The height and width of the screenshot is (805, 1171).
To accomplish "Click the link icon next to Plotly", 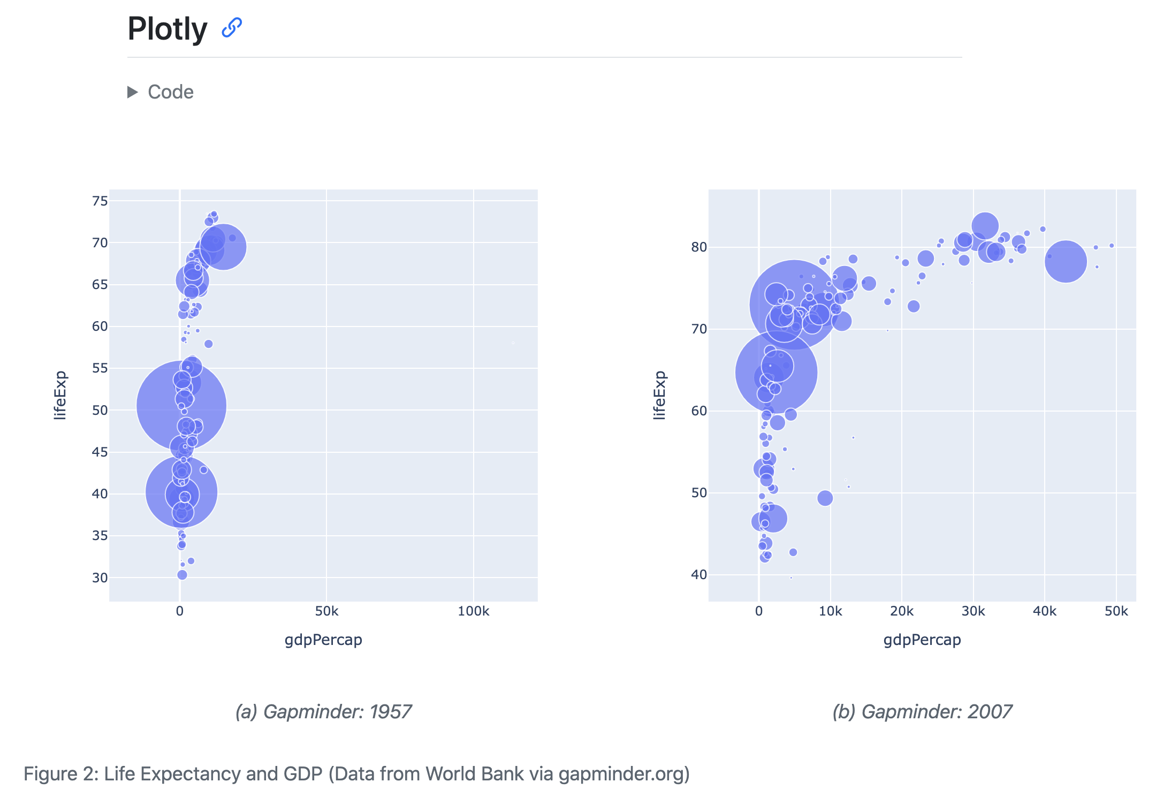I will point(232,27).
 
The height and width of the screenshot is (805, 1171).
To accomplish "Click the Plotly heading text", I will point(167,29).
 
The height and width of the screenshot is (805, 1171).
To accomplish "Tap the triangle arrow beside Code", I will point(132,92).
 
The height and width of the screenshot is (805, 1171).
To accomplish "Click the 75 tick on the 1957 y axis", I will point(100,201).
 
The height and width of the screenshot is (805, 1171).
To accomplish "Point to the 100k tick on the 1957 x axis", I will point(473,611).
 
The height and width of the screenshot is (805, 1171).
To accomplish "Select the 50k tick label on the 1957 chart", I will point(326,611).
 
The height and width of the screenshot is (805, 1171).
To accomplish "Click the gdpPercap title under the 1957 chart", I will point(323,640).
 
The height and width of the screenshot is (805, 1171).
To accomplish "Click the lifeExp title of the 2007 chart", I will point(659,395).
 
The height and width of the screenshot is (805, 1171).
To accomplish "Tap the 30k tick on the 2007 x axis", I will point(973,611).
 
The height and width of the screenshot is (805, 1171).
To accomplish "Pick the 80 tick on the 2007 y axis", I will point(699,247).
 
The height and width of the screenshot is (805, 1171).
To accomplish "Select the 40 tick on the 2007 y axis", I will point(699,575).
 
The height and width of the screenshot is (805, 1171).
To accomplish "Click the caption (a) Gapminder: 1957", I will point(323,712).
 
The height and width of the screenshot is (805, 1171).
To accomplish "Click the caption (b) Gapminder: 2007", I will point(922,712).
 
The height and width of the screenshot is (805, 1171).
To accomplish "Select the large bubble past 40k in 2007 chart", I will point(1066,261).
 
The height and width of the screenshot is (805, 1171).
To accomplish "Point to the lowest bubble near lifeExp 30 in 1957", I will point(182,575).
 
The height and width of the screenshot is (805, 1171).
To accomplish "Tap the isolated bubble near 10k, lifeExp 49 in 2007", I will point(825,498).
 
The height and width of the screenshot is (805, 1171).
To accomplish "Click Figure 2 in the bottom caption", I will point(59,774).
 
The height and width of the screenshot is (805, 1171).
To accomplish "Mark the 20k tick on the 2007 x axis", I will point(901,611).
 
